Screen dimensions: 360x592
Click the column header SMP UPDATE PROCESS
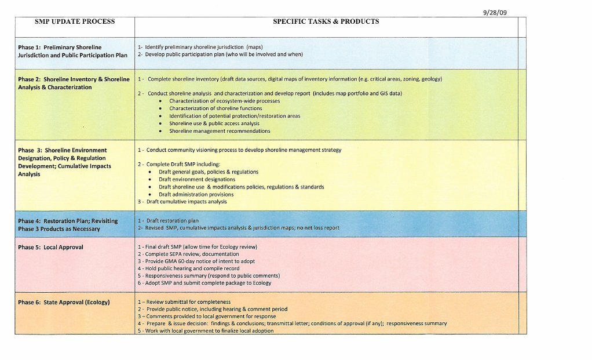point(75,22)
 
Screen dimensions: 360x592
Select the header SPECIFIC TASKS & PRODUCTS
point(326,22)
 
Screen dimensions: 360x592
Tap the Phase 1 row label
point(72,51)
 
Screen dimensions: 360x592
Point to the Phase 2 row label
point(74,83)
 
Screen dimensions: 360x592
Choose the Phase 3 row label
point(64,162)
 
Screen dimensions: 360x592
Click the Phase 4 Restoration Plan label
point(67,224)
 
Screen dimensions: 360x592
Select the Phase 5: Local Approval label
point(50,247)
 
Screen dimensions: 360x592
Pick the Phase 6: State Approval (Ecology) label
point(64,302)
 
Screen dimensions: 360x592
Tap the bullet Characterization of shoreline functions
point(215,108)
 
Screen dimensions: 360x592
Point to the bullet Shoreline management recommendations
point(220,131)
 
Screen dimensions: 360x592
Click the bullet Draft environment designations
point(197,180)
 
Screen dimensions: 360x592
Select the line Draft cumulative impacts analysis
point(186,202)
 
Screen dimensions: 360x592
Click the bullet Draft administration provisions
point(196,195)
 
